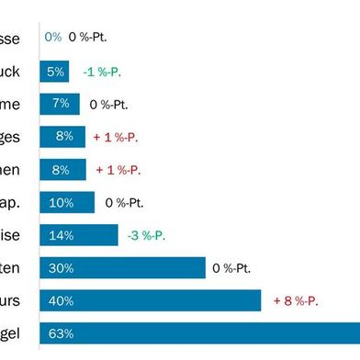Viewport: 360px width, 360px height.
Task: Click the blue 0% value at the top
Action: [x=52, y=38]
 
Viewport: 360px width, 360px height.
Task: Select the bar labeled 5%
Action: [x=54, y=71]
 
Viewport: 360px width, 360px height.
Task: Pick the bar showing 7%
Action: [x=60, y=104]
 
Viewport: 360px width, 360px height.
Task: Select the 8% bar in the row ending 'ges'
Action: [x=62, y=137]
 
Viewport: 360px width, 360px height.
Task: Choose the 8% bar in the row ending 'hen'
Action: [x=62, y=170]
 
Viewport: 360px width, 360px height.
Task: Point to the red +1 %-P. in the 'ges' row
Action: [x=116, y=137]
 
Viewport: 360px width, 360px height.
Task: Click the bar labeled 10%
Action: [x=67, y=202]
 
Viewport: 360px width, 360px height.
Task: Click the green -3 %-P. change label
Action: [x=146, y=235]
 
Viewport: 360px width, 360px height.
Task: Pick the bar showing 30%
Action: [x=122, y=268]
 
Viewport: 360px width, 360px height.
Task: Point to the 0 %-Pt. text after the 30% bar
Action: [x=231, y=268]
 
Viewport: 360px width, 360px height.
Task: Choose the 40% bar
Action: [x=151, y=300]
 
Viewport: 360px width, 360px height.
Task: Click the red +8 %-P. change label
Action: [x=298, y=300]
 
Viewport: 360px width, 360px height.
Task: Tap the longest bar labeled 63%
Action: [x=199, y=333]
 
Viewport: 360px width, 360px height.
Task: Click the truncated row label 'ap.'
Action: [x=21, y=202]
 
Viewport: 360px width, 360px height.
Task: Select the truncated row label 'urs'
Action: [x=20, y=300]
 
